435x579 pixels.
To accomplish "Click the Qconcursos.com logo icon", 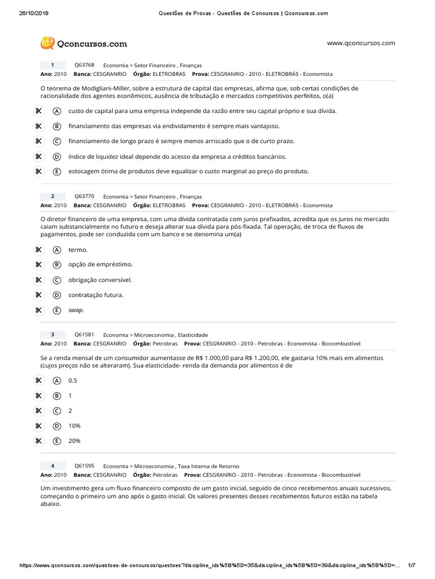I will point(47,44).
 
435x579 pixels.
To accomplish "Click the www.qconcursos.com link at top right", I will point(361,43).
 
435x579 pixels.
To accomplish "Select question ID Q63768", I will point(84,65).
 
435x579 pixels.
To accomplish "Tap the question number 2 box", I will point(53,196).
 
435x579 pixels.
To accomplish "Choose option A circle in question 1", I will point(57,111).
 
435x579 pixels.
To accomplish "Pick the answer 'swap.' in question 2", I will point(76,310).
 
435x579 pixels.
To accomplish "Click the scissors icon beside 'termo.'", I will point(39,249).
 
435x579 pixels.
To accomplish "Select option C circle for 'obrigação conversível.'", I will point(57,280).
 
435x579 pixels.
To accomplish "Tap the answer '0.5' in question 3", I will point(72,381).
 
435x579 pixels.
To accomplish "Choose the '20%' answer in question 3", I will point(74,441).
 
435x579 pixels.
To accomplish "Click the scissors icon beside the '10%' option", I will point(39,426).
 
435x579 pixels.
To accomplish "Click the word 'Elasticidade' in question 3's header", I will point(192,335).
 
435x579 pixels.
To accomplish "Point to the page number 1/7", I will point(412,565).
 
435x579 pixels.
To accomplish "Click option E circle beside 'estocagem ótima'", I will point(57,171).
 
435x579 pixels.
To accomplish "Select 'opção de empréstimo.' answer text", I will point(100,265).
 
